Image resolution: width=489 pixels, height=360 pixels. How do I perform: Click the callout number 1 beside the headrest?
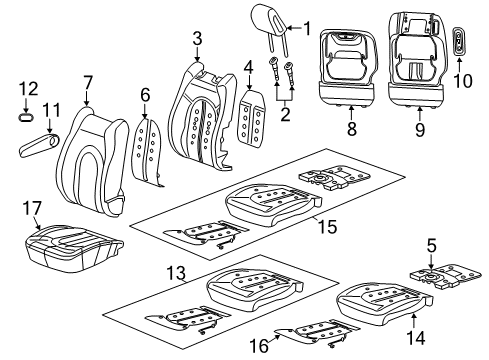pyautogui.click(x=308, y=27)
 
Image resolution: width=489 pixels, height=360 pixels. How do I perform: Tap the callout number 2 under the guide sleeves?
pyautogui.click(x=197, y=38)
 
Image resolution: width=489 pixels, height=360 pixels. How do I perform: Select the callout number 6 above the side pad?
pyautogui.click(x=88, y=81)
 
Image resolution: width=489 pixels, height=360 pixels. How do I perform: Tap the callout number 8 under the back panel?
pyautogui.click(x=419, y=128)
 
